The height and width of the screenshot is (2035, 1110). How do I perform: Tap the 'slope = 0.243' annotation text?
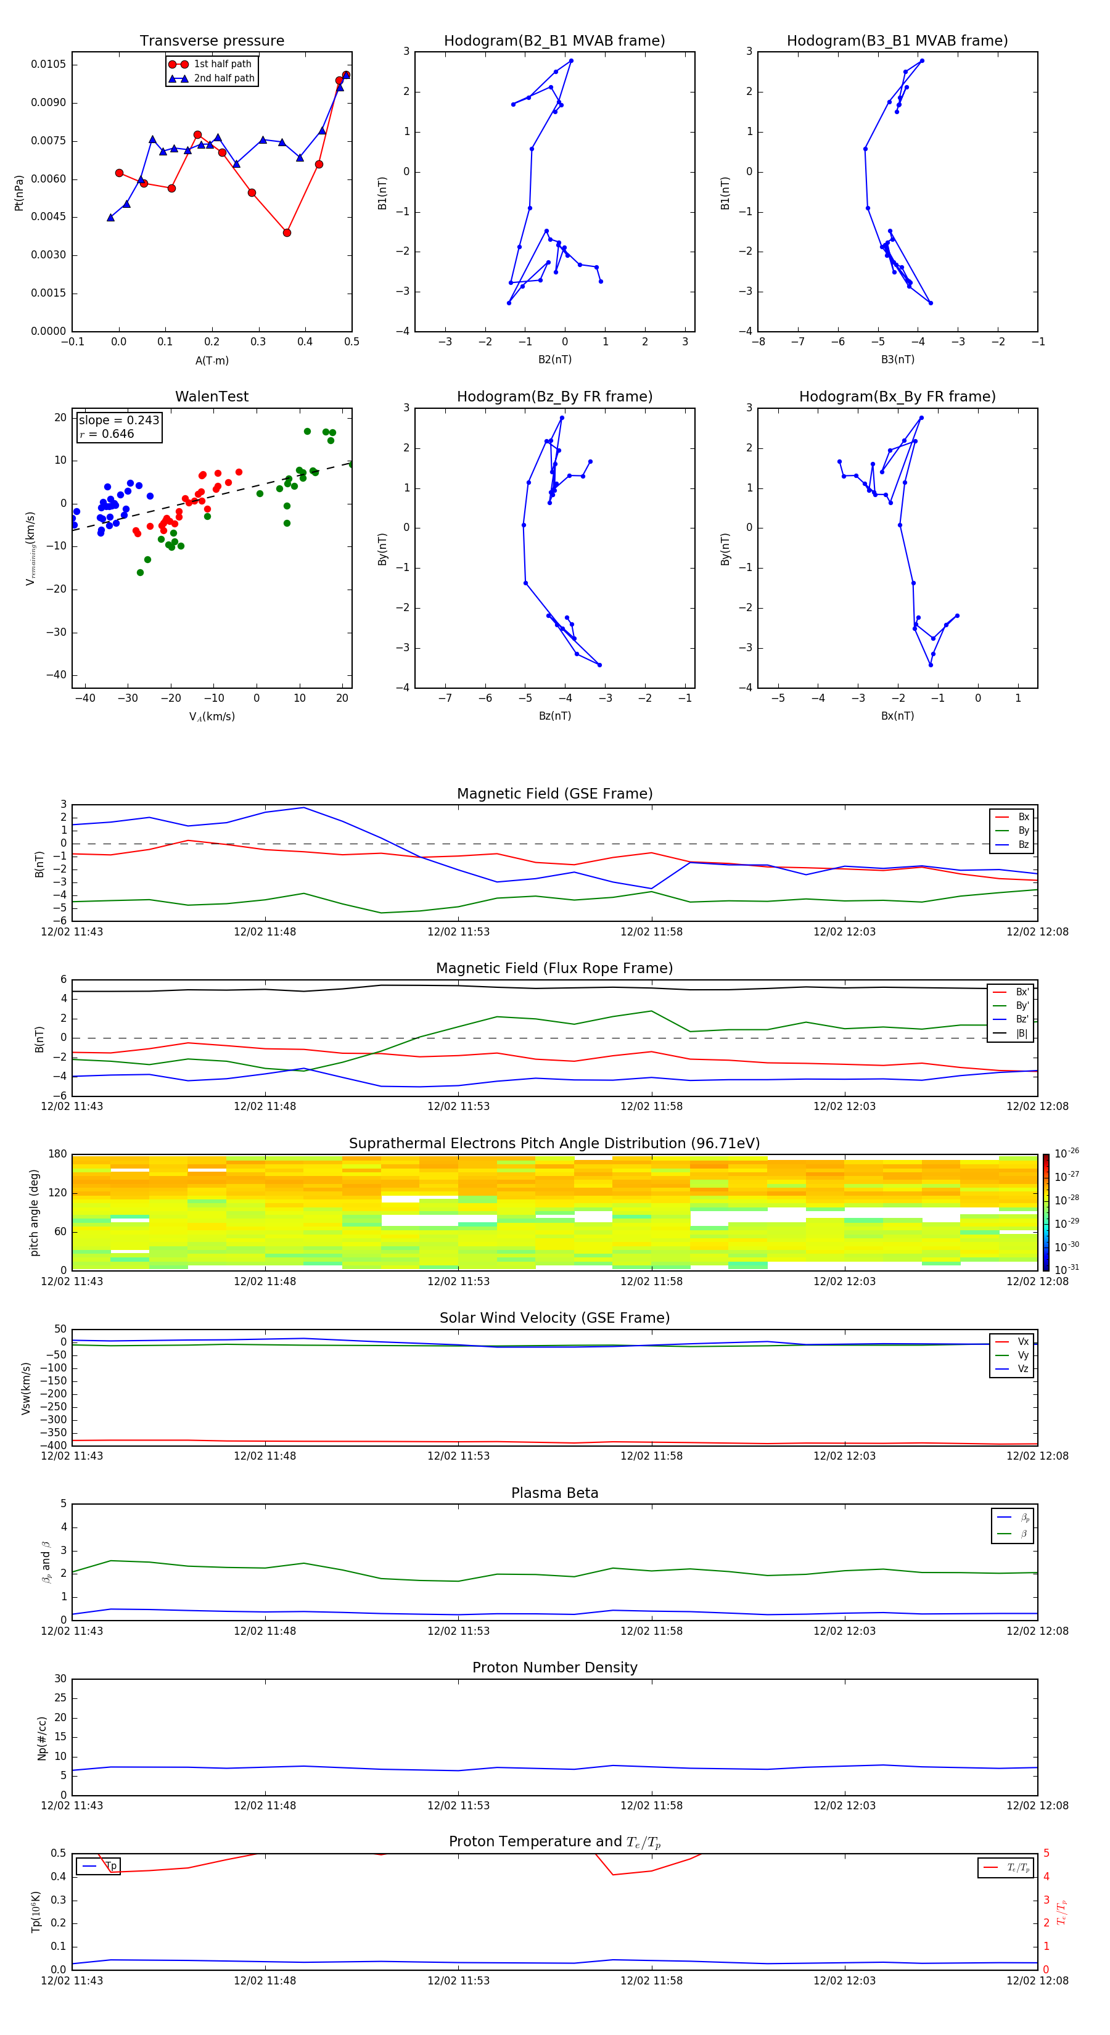click(118, 421)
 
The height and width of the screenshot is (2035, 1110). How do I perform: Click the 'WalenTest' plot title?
click(212, 397)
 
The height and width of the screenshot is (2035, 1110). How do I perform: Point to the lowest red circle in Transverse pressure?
click(287, 232)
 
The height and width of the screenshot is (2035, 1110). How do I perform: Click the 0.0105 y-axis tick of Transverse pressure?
click(48, 64)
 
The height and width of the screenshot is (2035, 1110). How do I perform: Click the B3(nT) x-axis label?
click(897, 360)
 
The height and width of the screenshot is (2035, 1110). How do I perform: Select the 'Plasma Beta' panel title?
click(554, 1493)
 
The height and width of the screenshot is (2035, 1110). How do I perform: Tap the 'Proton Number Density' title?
click(554, 1667)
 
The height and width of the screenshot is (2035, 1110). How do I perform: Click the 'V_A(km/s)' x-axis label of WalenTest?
click(212, 717)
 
